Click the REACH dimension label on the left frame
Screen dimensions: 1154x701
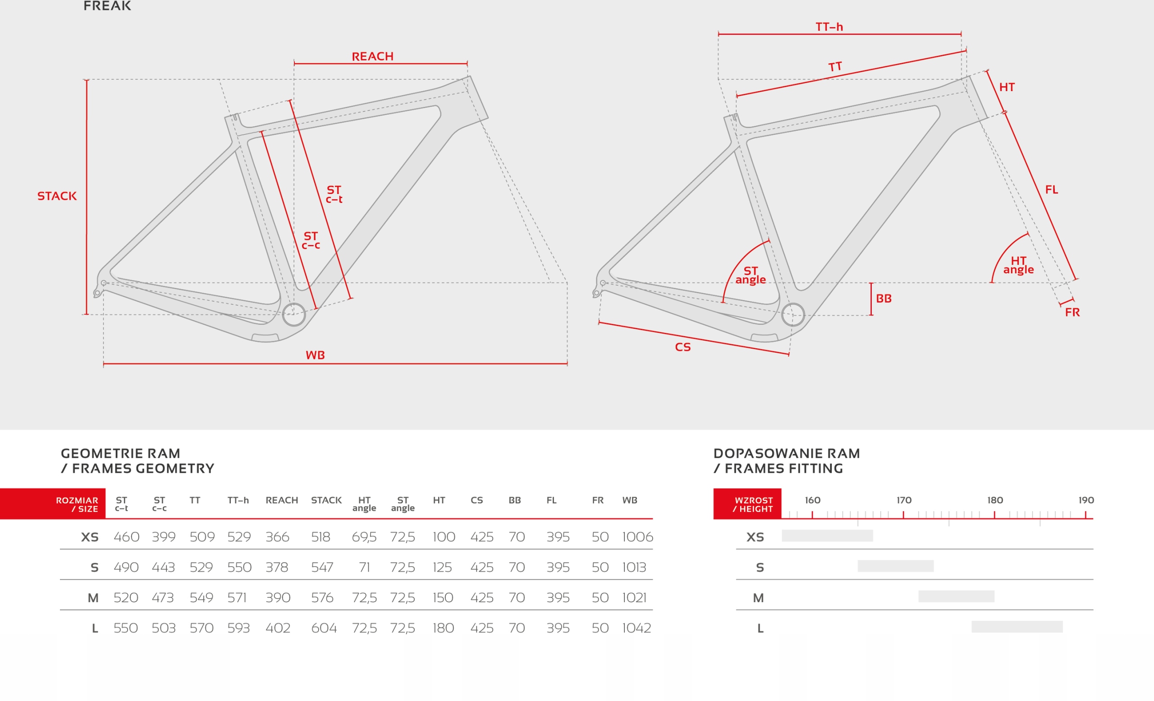click(372, 57)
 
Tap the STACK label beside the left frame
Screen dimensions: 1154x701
click(57, 196)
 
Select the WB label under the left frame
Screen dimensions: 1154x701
click(315, 355)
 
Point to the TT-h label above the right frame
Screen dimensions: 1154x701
click(829, 27)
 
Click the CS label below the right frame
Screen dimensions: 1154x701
click(682, 347)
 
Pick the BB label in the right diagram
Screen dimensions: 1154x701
click(883, 299)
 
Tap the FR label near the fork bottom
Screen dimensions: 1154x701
click(1072, 313)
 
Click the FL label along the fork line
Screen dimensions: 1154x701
click(1051, 190)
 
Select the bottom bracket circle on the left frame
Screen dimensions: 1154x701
click(293, 314)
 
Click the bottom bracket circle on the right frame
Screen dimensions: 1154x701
click(792, 314)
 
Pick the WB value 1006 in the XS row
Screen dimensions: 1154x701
click(637, 537)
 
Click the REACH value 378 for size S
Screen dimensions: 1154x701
click(277, 567)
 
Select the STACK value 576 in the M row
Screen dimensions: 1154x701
click(322, 598)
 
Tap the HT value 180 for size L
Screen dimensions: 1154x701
click(443, 628)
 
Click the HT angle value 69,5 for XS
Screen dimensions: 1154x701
click(364, 537)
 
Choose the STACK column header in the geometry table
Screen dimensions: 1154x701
click(326, 500)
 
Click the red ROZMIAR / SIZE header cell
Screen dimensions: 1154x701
click(53, 504)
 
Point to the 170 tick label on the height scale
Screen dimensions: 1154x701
click(904, 500)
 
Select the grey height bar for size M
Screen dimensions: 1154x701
click(956, 596)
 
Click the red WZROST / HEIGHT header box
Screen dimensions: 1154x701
click(747, 504)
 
